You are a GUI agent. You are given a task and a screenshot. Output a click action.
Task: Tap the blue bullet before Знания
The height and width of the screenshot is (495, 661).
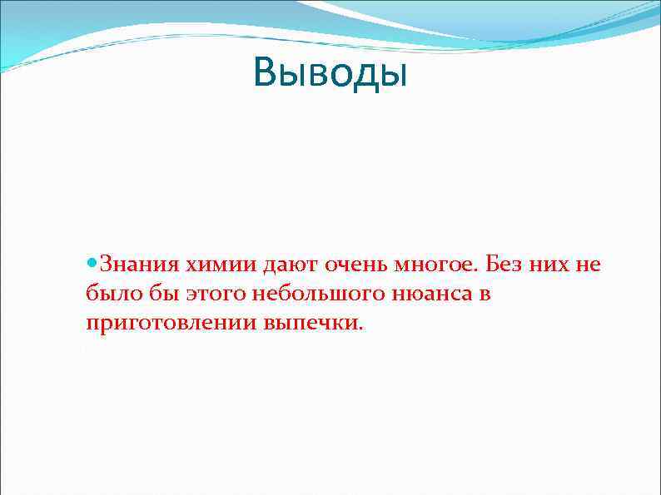click(x=91, y=265)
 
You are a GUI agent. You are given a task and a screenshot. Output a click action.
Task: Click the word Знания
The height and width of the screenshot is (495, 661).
click(x=139, y=266)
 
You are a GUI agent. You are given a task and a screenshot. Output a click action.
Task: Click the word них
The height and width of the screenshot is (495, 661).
click(x=546, y=266)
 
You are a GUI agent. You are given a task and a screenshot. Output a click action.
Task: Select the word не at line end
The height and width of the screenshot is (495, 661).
click(x=587, y=266)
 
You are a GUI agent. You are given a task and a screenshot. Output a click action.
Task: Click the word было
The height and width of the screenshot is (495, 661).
click(x=106, y=295)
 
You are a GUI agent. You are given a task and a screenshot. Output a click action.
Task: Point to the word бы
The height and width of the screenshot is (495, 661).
click(x=149, y=295)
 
